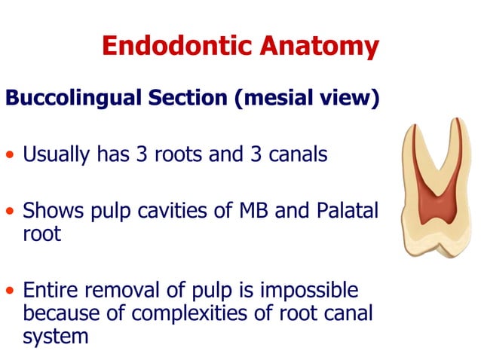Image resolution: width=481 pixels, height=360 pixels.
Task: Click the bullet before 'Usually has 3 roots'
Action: [10, 157]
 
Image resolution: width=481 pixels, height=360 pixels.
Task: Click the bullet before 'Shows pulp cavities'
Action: [10, 213]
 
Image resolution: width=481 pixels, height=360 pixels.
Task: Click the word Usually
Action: [57, 156]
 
